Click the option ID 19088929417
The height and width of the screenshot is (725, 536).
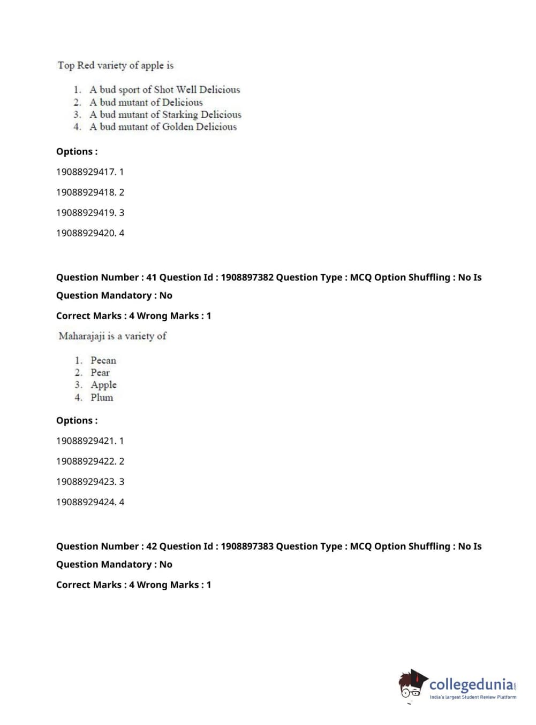point(86,172)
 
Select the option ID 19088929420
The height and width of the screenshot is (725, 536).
point(86,233)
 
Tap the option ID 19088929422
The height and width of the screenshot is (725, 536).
point(86,461)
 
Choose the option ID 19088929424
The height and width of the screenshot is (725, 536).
point(86,502)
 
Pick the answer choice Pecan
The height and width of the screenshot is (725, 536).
point(103,360)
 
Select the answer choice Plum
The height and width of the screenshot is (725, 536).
point(102,397)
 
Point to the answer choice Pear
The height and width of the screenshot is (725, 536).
point(100,373)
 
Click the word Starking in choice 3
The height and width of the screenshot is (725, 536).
point(180,114)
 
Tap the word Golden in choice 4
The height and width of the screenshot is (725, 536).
point(178,127)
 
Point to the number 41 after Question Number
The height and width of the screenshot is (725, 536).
point(151,277)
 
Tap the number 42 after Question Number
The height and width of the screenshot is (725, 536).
point(151,546)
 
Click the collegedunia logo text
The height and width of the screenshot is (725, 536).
point(471,684)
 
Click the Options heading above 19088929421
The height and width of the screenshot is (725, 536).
point(77,421)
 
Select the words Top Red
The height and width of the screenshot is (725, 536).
point(76,65)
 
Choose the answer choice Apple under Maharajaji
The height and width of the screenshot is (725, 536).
point(103,385)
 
